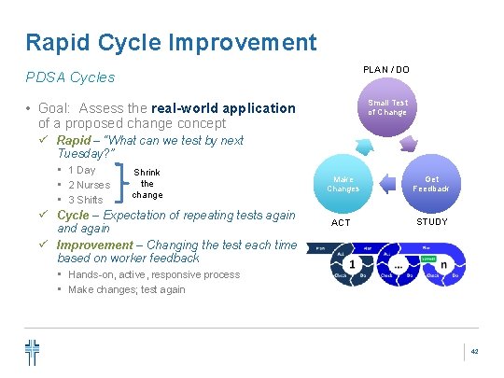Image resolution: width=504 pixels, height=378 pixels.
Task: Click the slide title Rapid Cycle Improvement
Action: (x=171, y=42)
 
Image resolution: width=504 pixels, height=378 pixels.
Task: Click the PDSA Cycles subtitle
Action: (x=71, y=77)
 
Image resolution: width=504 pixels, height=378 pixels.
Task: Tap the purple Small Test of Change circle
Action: (x=386, y=107)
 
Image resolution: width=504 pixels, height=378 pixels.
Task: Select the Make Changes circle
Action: (x=343, y=184)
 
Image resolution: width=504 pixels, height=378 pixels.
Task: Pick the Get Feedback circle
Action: (x=431, y=184)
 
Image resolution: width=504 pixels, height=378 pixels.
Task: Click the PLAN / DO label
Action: (x=385, y=70)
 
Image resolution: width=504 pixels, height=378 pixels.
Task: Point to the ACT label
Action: (x=342, y=222)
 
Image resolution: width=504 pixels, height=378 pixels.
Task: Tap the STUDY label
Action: (x=431, y=222)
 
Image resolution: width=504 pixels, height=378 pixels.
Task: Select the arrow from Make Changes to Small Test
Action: (x=360, y=145)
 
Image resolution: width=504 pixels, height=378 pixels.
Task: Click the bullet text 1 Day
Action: (x=82, y=170)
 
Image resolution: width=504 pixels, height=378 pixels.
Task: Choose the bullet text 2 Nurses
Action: (x=89, y=185)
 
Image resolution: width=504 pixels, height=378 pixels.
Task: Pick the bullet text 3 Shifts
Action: (x=86, y=200)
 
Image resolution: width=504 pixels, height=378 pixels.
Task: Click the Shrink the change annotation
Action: (x=147, y=184)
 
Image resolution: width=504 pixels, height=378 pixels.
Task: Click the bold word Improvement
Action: (x=94, y=245)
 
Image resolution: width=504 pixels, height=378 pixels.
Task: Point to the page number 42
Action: (x=474, y=352)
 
